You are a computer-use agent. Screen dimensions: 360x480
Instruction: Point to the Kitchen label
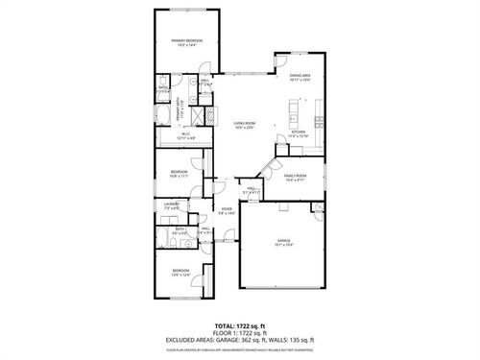(x=298, y=132)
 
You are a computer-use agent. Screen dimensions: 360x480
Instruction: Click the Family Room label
(x=295, y=178)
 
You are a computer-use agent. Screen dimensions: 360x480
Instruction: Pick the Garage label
(x=284, y=241)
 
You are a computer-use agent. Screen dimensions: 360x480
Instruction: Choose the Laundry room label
(x=172, y=204)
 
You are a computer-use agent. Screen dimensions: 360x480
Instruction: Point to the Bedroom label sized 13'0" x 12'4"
(x=181, y=273)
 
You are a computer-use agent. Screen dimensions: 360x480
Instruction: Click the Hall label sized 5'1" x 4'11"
(x=249, y=190)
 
